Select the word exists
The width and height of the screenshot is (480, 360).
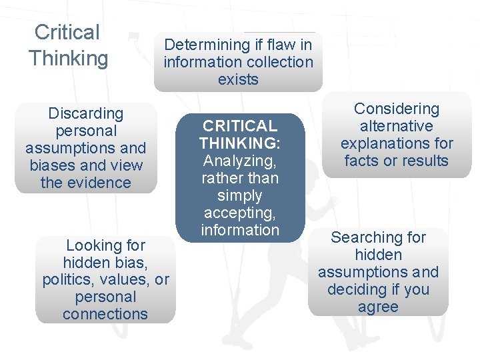(x=238, y=79)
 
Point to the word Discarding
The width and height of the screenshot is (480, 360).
(x=86, y=113)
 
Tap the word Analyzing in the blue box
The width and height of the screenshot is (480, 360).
(x=238, y=161)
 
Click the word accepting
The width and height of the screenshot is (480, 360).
(x=238, y=213)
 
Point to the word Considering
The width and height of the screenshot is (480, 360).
(x=397, y=109)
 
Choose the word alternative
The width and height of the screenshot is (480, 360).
(x=396, y=126)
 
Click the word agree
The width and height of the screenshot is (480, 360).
(x=379, y=307)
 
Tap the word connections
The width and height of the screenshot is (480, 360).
(x=105, y=313)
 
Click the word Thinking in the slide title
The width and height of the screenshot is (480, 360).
(x=69, y=58)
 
